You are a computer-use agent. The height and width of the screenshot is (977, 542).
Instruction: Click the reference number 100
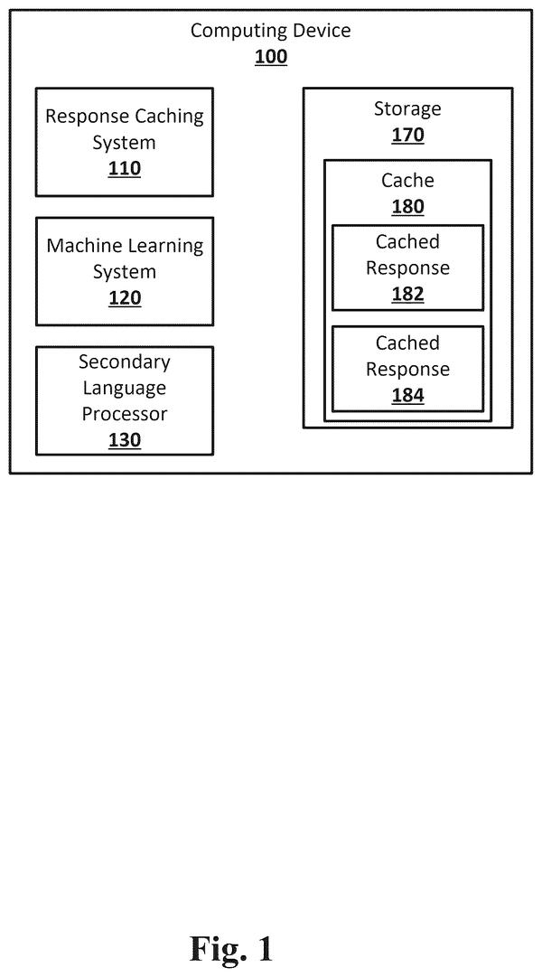click(x=271, y=57)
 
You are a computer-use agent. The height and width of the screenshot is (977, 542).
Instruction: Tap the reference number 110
click(x=125, y=169)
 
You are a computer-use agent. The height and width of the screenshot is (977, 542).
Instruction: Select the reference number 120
click(x=125, y=298)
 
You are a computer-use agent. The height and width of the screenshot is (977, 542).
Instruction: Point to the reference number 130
click(x=125, y=440)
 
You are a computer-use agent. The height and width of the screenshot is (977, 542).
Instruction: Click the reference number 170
click(x=408, y=136)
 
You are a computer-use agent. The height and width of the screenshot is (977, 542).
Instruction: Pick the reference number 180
click(x=408, y=207)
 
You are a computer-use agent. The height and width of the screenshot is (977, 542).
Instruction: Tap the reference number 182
click(x=408, y=294)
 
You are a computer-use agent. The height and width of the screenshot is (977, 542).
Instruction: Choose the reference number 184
click(x=408, y=396)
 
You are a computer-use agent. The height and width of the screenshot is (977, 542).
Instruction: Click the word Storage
click(x=407, y=109)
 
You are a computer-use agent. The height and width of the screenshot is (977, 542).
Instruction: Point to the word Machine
click(x=85, y=246)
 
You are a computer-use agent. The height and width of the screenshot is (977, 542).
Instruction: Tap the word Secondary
click(x=125, y=362)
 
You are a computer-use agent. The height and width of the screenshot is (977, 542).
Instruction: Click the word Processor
click(x=125, y=414)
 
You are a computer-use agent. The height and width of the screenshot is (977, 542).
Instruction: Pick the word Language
click(x=125, y=389)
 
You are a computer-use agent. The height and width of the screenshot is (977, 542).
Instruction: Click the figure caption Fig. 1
click(x=231, y=949)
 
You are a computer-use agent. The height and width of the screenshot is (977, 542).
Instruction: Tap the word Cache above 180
click(x=407, y=181)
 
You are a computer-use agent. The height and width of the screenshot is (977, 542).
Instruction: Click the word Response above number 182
click(x=407, y=268)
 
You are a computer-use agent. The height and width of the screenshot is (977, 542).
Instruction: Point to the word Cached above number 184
click(x=407, y=343)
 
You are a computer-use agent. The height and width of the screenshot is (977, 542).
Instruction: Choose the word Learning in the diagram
click(x=165, y=246)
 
